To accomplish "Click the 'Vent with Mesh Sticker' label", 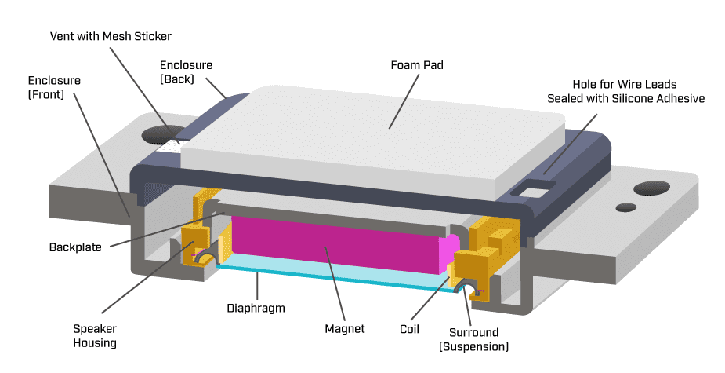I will coord(111,36).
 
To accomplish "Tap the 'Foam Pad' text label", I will coord(417,65).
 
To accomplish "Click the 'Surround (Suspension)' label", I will coord(473,338).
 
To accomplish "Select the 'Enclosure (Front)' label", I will coord(54,87).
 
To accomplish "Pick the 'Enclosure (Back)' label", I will coord(186,71).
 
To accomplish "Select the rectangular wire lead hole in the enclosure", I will coord(534,188).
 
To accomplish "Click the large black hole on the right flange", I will coord(651,188).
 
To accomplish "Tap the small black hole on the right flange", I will coord(625,207).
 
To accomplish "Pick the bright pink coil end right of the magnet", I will coord(449,250).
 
